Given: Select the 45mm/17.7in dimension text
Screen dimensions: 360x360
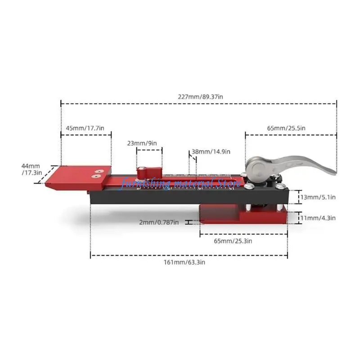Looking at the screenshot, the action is pos(85,128).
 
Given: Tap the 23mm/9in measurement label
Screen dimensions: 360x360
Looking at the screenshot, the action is pos(142,143).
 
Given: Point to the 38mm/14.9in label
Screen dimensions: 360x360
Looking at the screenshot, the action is pos(211,152).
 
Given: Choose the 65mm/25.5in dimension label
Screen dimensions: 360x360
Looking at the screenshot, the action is pos(286,128).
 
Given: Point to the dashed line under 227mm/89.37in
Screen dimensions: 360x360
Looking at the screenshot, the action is pos(198,103).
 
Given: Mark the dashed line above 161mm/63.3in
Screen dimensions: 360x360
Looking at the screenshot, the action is pos(189,255).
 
